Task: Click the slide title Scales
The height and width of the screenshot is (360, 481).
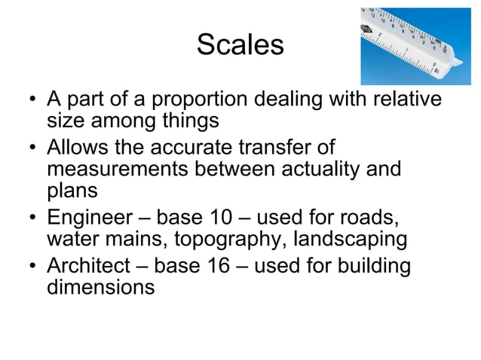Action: point(240,44)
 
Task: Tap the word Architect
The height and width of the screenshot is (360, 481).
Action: point(90,266)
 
